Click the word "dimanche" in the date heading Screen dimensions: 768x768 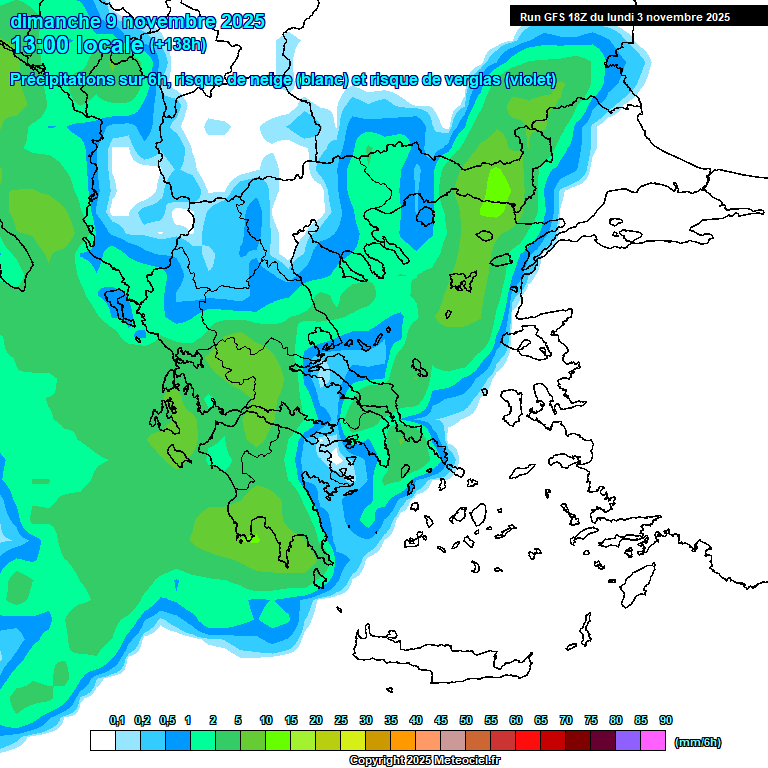[x=54, y=21]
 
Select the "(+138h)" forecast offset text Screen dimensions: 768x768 [x=178, y=45]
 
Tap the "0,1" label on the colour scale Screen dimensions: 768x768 [x=116, y=721]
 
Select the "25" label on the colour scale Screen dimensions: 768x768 [x=341, y=721]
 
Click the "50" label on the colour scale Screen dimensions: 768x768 [x=466, y=721]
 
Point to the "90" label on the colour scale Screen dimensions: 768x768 [x=666, y=721]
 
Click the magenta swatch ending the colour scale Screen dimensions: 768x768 [x=653, y=741]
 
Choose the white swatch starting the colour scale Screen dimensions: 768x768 [x=102, y=741]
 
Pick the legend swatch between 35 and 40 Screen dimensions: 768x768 [x=403, y=741]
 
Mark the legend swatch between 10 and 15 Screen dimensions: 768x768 [x=278, y=741]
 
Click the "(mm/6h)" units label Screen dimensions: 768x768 [x=698, y=742]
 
